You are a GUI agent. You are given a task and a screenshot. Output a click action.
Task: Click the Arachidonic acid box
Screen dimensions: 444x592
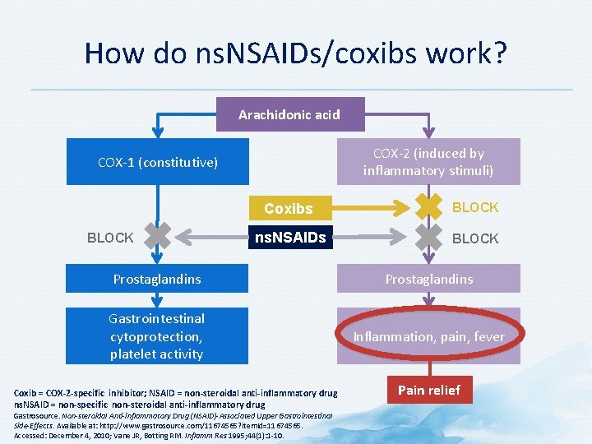289,114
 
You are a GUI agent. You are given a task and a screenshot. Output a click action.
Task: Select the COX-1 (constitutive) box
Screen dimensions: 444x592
158,162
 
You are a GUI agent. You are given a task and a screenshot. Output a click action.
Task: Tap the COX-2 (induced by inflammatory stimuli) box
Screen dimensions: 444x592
428,162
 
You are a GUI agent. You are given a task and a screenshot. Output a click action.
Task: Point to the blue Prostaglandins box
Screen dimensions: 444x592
157,279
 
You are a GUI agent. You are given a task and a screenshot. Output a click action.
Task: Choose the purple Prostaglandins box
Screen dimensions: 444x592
428,279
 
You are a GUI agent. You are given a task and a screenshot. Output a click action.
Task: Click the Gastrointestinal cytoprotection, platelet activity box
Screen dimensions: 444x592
157,336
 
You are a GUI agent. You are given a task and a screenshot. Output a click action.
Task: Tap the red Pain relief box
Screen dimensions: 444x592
428,390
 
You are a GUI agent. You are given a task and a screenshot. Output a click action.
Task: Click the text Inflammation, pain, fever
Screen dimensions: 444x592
428,336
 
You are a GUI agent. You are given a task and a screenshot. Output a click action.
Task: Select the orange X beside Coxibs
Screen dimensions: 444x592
428,206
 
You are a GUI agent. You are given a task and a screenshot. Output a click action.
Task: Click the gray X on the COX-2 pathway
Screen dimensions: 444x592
428,237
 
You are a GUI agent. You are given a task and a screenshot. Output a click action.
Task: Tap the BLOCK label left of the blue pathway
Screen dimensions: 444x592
110,238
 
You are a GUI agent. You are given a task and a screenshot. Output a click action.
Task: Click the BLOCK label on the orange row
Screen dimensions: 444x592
475,207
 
